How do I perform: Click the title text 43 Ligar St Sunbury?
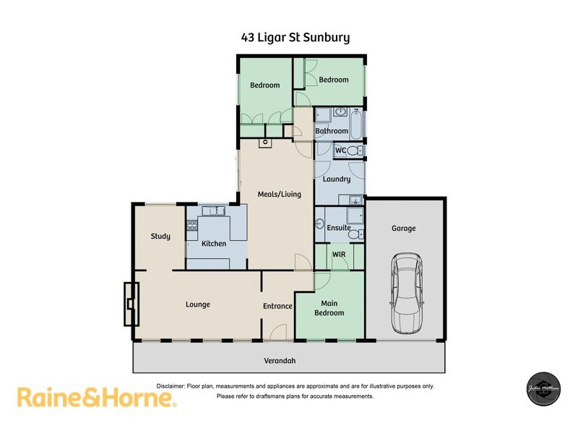tap(296, 37)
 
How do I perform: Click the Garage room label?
tap(404, 229)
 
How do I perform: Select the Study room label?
tap(160, 237)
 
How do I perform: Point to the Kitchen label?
tap(214, 244)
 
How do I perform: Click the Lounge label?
tap(197, 305)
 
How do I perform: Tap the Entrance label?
tap(277, 306)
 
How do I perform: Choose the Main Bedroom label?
tap(329, 308)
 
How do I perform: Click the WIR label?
tap(339, 255)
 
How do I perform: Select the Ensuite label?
tap(339, 228)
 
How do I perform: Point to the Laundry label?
tap(337, 179)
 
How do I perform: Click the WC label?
tap(340, 150)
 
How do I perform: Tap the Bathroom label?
tap(332, 131)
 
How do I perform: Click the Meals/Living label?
tap(279, 194)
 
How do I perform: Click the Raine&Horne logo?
tap(96, 397)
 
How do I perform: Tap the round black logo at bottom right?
tap(543, 389)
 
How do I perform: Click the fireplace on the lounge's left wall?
tap(130, 305)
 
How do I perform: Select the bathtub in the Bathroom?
tap(356, 124)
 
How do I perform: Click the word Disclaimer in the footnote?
tap(171, 386)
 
